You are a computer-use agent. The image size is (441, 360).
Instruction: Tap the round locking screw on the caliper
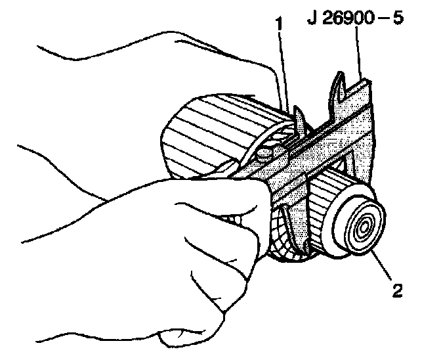click(264, 155)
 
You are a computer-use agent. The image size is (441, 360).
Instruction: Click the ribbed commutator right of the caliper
click(325, 197)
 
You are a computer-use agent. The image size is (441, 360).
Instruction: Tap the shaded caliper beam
click(315, 158)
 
